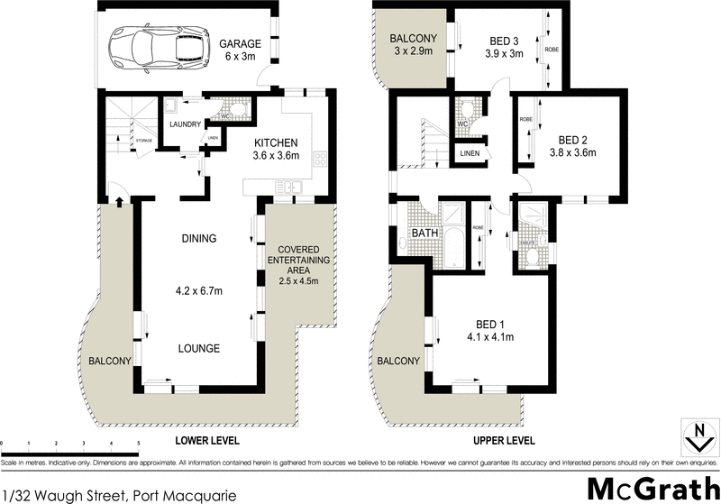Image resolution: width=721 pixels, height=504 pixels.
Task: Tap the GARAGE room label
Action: [240, 43]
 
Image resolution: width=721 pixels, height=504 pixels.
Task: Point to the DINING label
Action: [198, 239]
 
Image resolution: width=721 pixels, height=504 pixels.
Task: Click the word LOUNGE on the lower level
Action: [198, 348]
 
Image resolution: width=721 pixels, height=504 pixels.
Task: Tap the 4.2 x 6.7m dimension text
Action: [198, 291]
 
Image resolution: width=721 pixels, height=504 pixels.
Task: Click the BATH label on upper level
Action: [424, 233]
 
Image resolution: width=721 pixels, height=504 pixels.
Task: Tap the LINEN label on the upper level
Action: [469, 154]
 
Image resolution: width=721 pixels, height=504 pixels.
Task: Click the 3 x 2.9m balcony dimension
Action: [412, 51]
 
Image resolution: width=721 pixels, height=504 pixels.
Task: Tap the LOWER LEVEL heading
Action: [208, 441]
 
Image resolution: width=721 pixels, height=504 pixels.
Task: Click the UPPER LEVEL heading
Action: [505, 441]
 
